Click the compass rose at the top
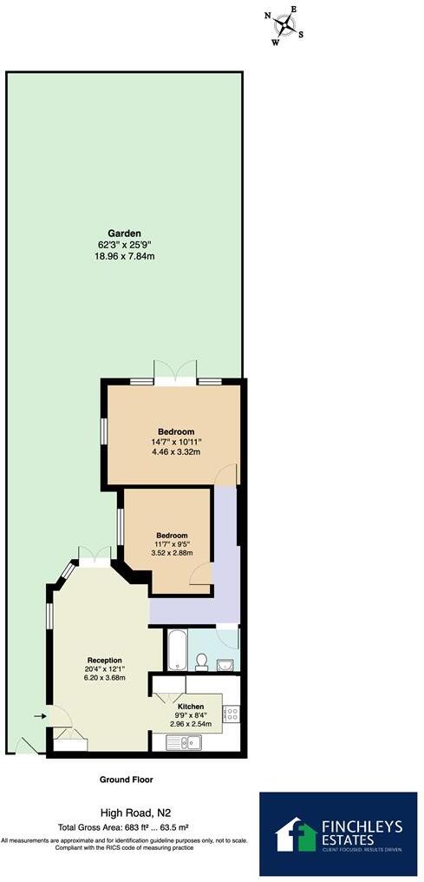(284, 26)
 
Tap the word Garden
(124, 234)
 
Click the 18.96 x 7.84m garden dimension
(126, 256)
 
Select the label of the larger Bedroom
(175, 431)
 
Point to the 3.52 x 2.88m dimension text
(171, 553)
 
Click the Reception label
(104, 660)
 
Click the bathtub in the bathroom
(175, 649)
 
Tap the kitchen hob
(232, 714)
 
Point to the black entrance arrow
(39, 716)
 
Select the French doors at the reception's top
(94, 556)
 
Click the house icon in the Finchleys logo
(296, 834)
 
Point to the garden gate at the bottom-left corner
(25, 746)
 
